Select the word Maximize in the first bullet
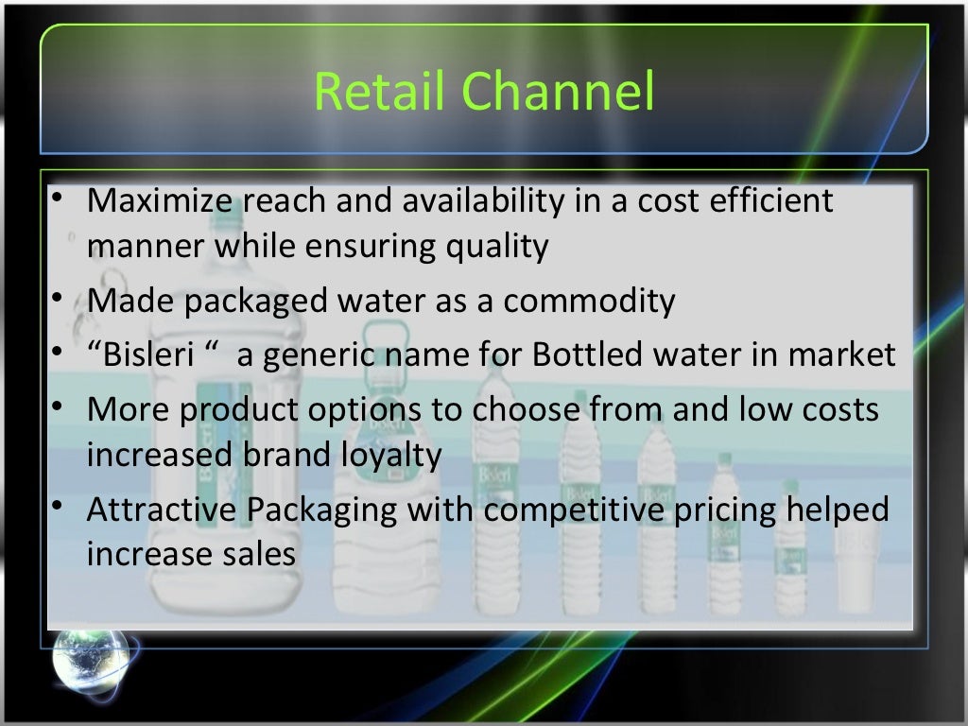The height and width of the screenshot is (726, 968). [162, 201]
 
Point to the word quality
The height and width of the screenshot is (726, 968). [502, 247]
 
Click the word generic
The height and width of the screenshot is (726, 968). [316, 355]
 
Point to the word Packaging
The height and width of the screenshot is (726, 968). [322, 510]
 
